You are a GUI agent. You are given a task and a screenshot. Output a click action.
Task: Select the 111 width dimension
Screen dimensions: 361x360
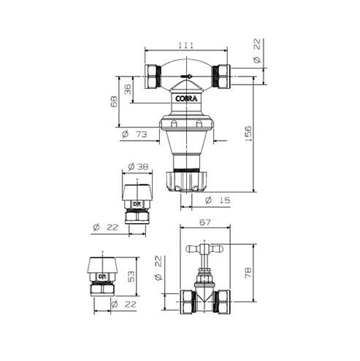[x=186, y=45]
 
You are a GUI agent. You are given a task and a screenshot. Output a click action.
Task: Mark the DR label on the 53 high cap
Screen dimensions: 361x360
[x=103, y=276]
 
